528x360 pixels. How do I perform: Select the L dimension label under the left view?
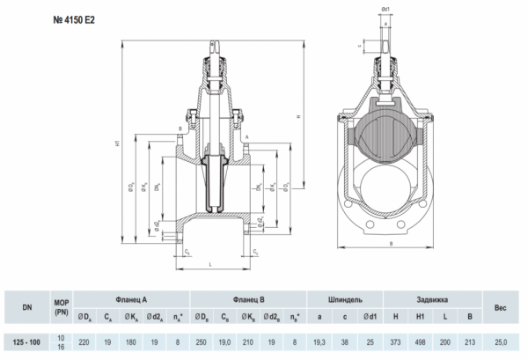coord(213,263)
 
